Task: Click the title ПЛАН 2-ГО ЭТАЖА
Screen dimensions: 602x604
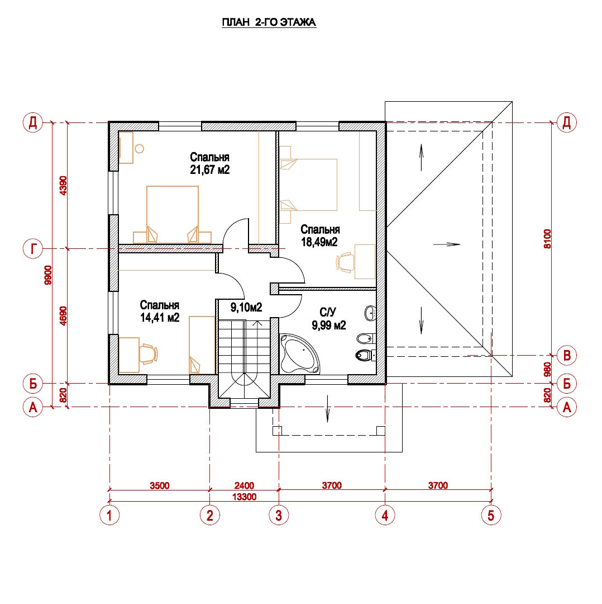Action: click(x=269, y=22)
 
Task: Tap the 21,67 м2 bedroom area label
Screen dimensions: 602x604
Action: click(x=209, y=169)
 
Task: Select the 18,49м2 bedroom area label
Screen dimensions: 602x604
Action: click(x=319, y=242)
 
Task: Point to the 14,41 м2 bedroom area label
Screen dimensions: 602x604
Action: click(x=160, y=318)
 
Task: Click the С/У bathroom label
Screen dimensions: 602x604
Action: click(x=328, y=312)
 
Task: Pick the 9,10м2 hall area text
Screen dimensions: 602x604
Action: click(x=246, y=308)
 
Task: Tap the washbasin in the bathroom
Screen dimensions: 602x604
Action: click(x=370, y=313)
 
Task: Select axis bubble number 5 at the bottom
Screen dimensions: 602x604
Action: click(x=491, y=515)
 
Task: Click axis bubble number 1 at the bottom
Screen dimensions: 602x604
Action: click(x=109, y=515)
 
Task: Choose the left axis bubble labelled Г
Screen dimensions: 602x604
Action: click(x=33, y=249)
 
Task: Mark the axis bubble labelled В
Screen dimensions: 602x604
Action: click(x=567, y=355)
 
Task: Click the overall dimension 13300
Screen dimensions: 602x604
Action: click(x=244, y=497)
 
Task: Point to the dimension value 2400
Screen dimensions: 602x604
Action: click(x=244, y=485)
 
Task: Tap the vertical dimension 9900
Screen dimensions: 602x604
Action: click(x=48, y=275)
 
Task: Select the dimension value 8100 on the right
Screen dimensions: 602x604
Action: click(x=547, y=239)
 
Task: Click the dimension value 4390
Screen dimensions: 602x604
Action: click(x=64, y=185)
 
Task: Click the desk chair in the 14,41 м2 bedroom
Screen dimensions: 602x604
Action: click(x=148, y=354)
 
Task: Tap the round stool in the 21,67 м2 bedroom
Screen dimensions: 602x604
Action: click(x=139, y=148)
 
